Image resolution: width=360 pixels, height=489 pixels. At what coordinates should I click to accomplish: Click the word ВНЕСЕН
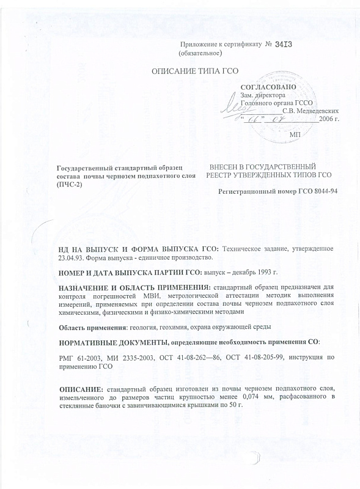pyautogui.click(x=227, y=167)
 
